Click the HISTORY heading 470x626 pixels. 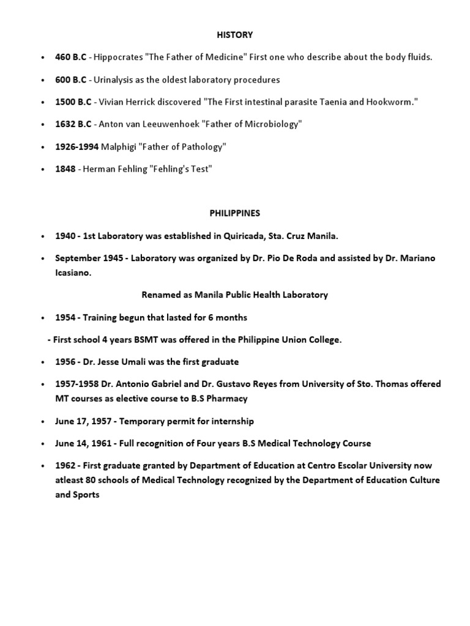coord(234,35)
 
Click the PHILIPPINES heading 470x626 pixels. coord(234,213)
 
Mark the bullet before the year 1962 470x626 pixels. coord(42,466)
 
